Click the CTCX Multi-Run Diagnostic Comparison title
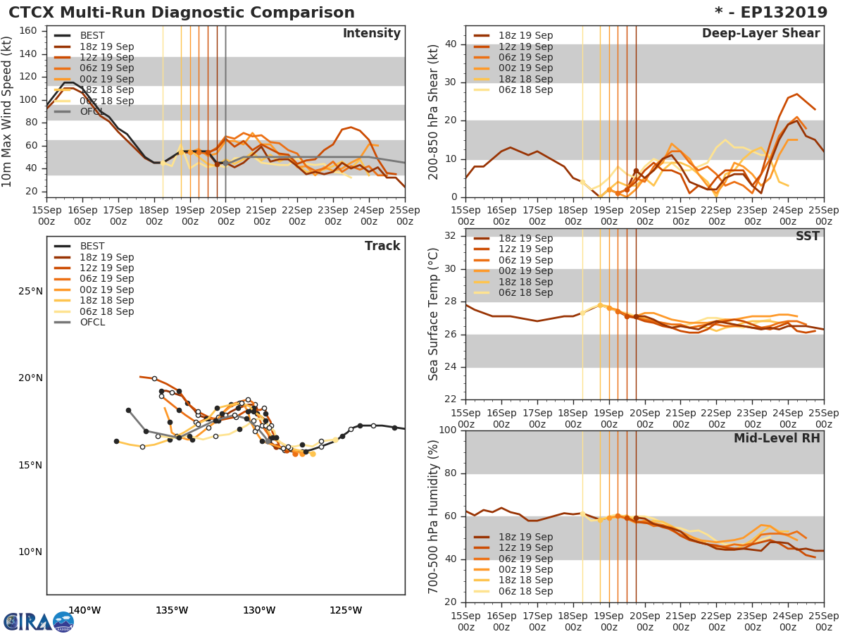click(182, 13)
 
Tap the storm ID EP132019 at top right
click(775, 13)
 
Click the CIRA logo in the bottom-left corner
click(39, 621)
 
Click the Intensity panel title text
click(371, 34)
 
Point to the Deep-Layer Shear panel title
click(760, 34)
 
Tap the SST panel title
click(807, 237)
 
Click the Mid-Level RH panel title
click(777, 439)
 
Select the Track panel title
click(382, 246)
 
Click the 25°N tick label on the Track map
click(30, 292)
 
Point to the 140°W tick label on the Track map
click(84, 610)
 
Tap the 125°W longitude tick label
click(346, 610)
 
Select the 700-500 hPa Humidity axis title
click(434, 517)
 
